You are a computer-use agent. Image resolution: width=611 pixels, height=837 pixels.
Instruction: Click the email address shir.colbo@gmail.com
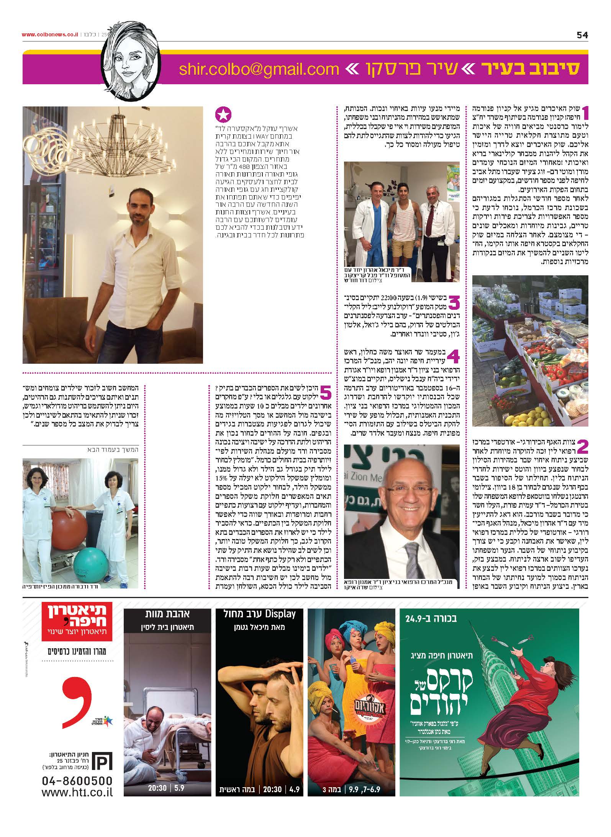tap(259, 69)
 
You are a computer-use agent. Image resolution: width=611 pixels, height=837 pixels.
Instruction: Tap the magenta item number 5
tap(325, 392)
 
